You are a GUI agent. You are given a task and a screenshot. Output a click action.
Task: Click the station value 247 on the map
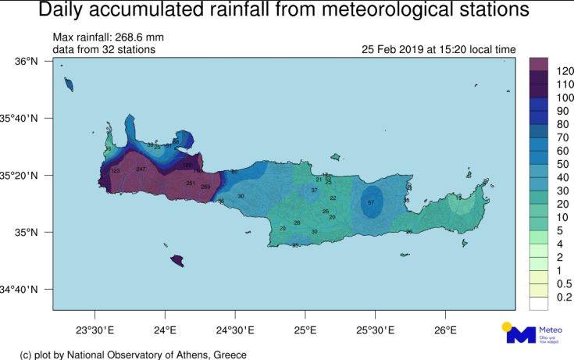click(141, 169)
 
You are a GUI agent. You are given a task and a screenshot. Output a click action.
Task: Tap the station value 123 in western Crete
click(116, 171)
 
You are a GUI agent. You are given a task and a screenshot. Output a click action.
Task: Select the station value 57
click(371, 202)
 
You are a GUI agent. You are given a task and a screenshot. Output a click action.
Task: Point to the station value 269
click(205, 187)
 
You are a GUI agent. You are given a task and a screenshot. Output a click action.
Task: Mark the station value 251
click(191, 183)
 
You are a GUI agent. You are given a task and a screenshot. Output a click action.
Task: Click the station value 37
click(314, 190)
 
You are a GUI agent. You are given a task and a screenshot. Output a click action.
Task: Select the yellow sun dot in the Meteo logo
click(507, 326)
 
